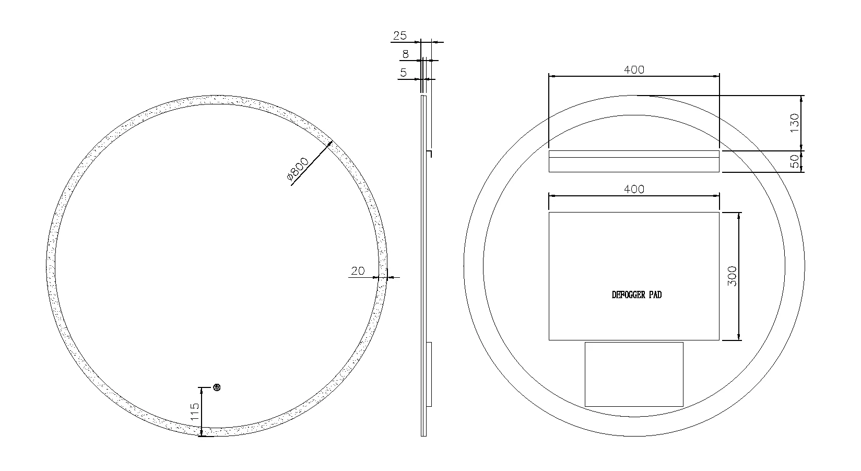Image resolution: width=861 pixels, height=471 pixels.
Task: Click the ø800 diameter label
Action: click(298, 169)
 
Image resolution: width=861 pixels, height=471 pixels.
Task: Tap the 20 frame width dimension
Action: click(358, 271)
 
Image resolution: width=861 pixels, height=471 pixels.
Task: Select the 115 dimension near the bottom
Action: click(195, 411)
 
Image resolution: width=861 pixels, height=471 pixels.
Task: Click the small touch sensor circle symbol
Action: click(217, 387)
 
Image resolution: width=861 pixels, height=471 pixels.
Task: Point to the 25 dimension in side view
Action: click(400, 36)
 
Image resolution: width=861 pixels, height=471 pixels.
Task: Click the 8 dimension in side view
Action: click(406, 54)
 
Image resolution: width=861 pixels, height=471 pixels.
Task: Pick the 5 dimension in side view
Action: click(403, 73)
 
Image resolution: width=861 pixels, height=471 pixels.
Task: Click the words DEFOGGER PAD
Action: click(636, 295)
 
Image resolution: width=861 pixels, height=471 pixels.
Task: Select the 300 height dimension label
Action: click(732, 276)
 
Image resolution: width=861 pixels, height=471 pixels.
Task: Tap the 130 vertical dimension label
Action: click(795, 123)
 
